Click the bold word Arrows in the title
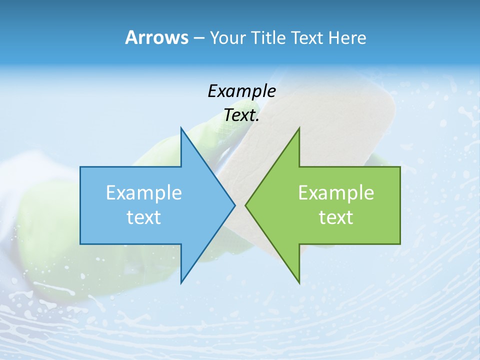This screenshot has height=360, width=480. [x=156, y=37]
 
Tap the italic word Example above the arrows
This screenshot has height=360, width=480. [x=241, y=91]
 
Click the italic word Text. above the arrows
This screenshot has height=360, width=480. [x=241, y=115]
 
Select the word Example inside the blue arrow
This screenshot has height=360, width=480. [x=144, y=193]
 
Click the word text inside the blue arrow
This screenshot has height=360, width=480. [x=144, y=217]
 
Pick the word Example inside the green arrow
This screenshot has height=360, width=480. [x=336, y=193]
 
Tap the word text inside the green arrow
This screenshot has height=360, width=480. [x=336, y=217]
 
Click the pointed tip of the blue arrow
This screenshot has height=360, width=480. [x=235, y=205]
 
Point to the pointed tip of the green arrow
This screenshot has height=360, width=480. [x=245, y=205]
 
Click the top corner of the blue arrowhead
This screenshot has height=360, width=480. [x=181, y=127]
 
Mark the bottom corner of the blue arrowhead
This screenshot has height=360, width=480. [x=181, y=283]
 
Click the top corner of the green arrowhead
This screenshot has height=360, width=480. [x=299, y=127]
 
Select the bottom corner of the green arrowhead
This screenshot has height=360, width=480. [x=299, y=283]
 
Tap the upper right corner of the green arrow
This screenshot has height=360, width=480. [x=400, y=167]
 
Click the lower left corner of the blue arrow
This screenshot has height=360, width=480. [x=80, y=244]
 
